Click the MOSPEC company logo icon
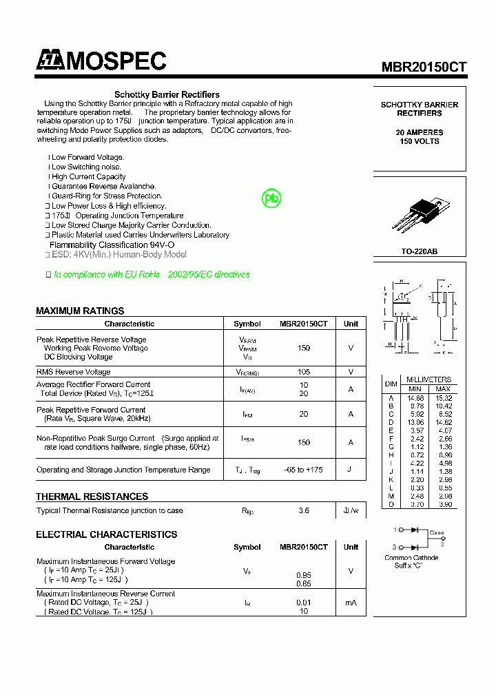point(49,61)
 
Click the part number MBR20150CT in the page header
point(424,67)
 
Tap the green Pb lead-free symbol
point(272,198)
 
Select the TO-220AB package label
point(420,251)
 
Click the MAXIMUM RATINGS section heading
point(80,311)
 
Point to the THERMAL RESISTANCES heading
point(92,497)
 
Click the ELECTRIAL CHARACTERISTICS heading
point(106,534)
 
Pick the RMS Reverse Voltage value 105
point(304,372)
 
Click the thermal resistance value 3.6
point(304,511)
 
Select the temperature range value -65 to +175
point(304,470)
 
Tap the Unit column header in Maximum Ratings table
point(351,324)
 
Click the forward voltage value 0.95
point(304,574)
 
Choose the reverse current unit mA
point(351,603)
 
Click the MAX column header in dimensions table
point(443,388)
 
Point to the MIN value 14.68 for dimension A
point(415,398)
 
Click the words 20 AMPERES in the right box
point(420,132)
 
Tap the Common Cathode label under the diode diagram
point(411,558)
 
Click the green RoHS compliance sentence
point(152,274)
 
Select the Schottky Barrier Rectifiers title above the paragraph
point(167,94)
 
